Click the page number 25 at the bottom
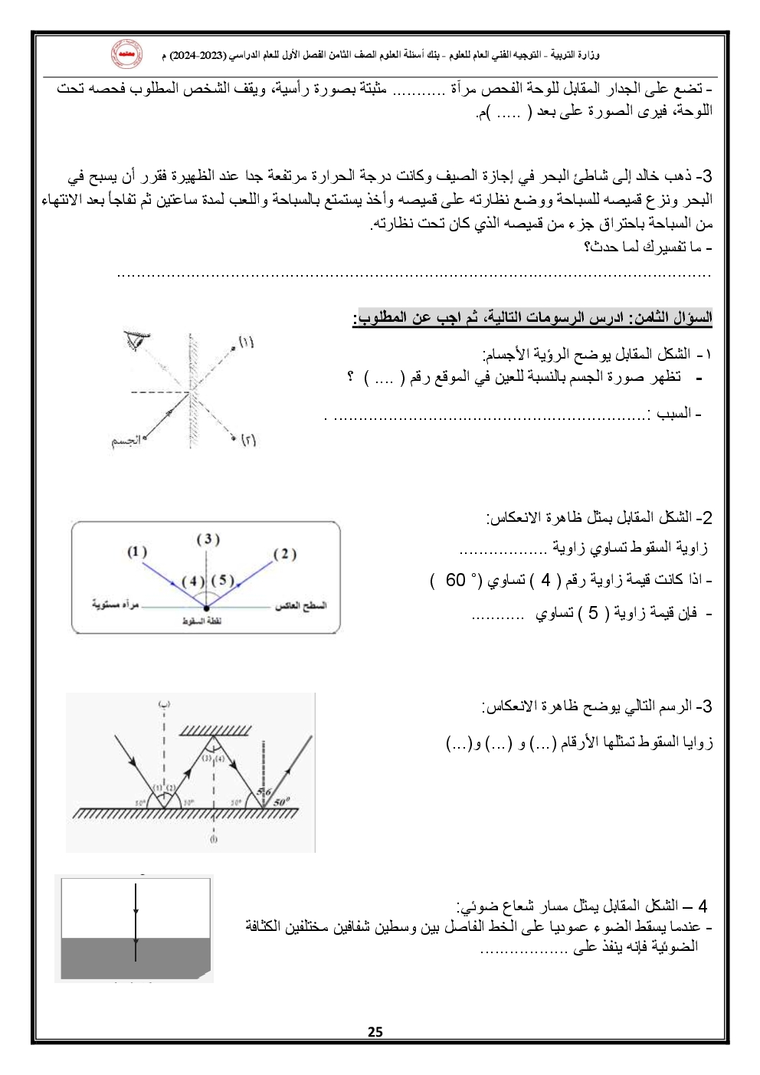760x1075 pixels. [x=375, y=1031]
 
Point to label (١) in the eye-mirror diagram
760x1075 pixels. [x=246, y=342]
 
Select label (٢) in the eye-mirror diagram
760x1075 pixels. [x=248, y=440]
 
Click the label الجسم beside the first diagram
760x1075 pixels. [x=126, y=441]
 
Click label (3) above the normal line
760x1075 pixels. [x=208, y=539]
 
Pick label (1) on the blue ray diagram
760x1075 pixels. [x=137, y=551]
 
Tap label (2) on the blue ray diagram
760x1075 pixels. [x=284, y=553]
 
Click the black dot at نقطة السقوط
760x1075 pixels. [x=207, y=608]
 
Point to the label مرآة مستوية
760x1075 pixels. [x=116, y=605]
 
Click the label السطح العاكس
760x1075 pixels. [x=300, y=605]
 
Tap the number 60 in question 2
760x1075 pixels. [x=456, y=580]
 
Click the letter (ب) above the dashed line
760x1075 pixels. [x=164, y=703]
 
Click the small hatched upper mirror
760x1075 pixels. [x=215, y=730]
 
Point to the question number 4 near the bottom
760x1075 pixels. [x=702, y=906]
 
